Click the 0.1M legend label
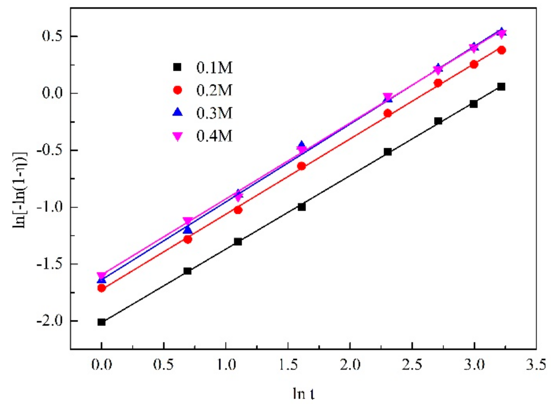tap(214, 68)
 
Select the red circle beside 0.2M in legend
tap(178, 90)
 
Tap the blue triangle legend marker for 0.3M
tap(178, 112)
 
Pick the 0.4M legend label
tap(214, 136)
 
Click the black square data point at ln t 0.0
tap(101, 322)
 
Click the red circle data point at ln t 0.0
tap(101, 288)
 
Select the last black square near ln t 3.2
tap(501, 87)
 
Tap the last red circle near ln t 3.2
tap(502, 50)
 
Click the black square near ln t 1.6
tap(302, 207)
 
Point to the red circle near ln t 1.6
tap(302, 166)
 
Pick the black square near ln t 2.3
tap(388, 152)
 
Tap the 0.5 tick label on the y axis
tap(52, 36)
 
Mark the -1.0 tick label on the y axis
tap(50, 207)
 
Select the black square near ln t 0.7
tap(188, 271)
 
